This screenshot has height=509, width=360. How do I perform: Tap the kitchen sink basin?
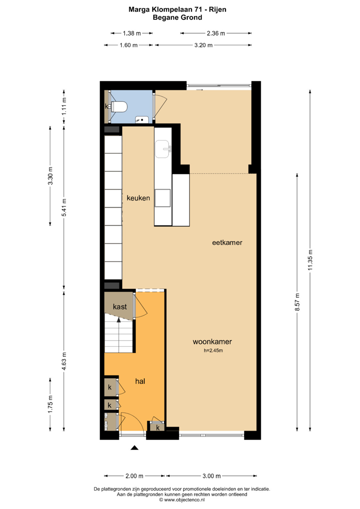[162, 149]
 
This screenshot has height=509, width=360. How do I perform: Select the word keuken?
[138, 198]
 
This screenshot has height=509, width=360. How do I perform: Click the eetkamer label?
[227, 242]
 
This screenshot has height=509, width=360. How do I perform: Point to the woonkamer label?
[212, 341]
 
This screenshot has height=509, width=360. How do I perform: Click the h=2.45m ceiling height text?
[213, 351]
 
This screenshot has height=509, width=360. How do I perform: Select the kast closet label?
[120, 307]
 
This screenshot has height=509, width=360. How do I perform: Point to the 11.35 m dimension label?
[310, 260]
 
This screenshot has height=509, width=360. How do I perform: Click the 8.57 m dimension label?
[297, 302]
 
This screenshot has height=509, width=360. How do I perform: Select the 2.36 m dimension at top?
[216, 33]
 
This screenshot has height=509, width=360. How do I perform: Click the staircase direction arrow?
[118, 320]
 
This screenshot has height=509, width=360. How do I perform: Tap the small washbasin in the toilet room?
[142, 119]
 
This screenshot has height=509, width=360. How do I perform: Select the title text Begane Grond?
[177, 18]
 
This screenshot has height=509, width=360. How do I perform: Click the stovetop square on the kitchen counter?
[163, 198]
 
